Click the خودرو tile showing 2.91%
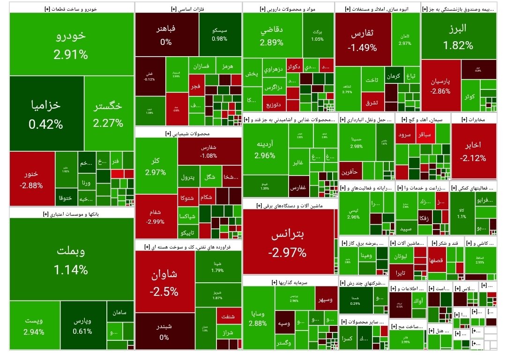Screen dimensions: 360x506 71,44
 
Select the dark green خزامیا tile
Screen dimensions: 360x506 46,114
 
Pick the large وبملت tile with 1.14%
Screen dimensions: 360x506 71,260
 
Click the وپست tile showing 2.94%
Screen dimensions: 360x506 34,326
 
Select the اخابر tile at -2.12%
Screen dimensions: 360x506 473,151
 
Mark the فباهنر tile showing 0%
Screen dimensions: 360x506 166,35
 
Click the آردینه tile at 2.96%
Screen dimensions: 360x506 265,149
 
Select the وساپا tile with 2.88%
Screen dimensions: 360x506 258,317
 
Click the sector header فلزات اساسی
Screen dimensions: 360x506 188,8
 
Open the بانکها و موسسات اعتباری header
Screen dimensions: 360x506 71,214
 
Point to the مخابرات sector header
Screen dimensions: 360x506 473,119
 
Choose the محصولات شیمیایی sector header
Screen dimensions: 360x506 188,133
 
